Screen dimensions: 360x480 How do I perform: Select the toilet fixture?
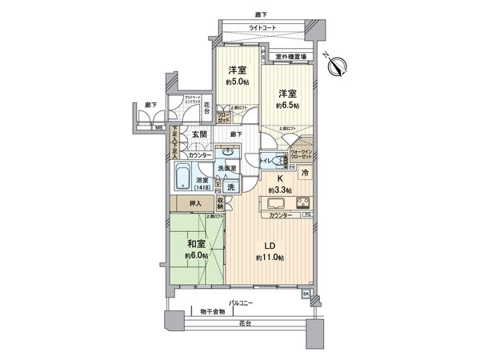click(x=280, y=161)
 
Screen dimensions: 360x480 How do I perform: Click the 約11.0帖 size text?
click(x=269, y=258)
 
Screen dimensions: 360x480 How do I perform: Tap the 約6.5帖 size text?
click(x=288, y=106)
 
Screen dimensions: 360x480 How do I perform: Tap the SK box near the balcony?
click(x=306, y=294)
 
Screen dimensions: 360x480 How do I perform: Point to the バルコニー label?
click(x=240, y=302)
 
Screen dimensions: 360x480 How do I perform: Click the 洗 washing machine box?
click(x=230, y=186)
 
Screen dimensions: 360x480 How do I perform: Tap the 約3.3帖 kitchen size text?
click(x=281, y=190)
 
